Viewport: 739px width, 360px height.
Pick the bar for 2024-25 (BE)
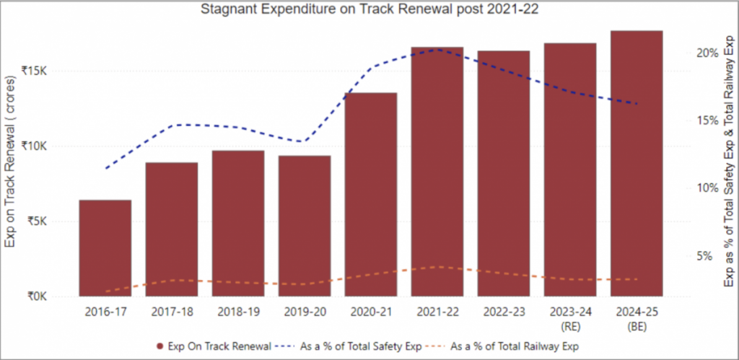click(x=636, y=163)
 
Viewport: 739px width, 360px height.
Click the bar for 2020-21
click(x=370, y=194)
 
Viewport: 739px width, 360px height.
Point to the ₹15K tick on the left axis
click(x=34, y=71)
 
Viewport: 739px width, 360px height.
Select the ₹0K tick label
click(x=37, y=297)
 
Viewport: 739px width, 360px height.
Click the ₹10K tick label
click(x=34, y=146)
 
